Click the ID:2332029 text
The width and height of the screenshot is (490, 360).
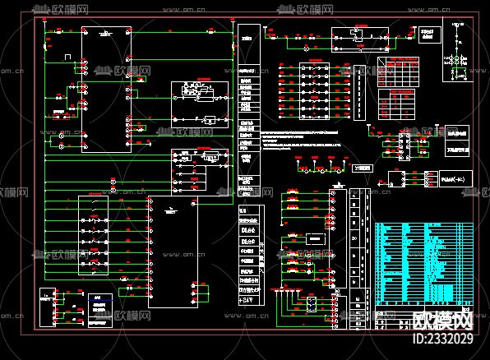click(x=441, y=338)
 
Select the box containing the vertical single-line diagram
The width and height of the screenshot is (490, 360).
click(x=457, y=52)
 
